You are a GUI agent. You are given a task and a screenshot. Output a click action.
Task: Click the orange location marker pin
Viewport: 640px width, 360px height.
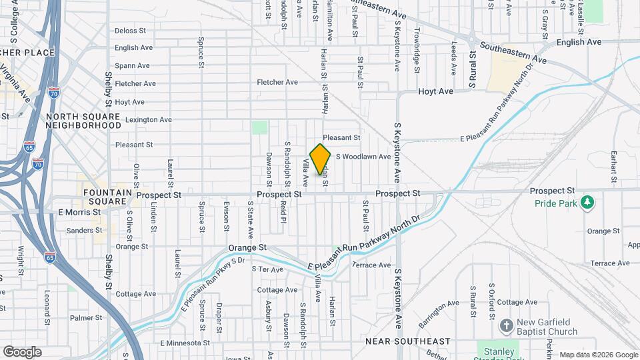click(x=320, y=159)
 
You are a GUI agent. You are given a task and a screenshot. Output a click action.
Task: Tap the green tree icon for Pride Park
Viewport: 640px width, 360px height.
click(x=587, y=202)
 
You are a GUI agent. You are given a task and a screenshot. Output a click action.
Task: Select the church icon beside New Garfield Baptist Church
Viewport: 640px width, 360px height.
click(x=506, y=326)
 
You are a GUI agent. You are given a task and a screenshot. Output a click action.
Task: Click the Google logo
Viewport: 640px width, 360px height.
click(x=22, y=351)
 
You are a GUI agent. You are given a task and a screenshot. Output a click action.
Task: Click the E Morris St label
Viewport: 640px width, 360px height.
click(x=79, y=212)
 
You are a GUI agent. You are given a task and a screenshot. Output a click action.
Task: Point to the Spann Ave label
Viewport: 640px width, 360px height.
click(x=132, y=66)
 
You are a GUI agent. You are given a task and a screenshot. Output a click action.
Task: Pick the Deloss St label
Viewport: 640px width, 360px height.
click(x=130, y=31)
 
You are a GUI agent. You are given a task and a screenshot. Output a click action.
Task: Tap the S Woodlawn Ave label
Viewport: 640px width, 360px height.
click(x=363, y=157)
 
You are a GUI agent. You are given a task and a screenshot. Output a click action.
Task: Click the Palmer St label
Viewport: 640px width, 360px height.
click(x=86, y=318)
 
